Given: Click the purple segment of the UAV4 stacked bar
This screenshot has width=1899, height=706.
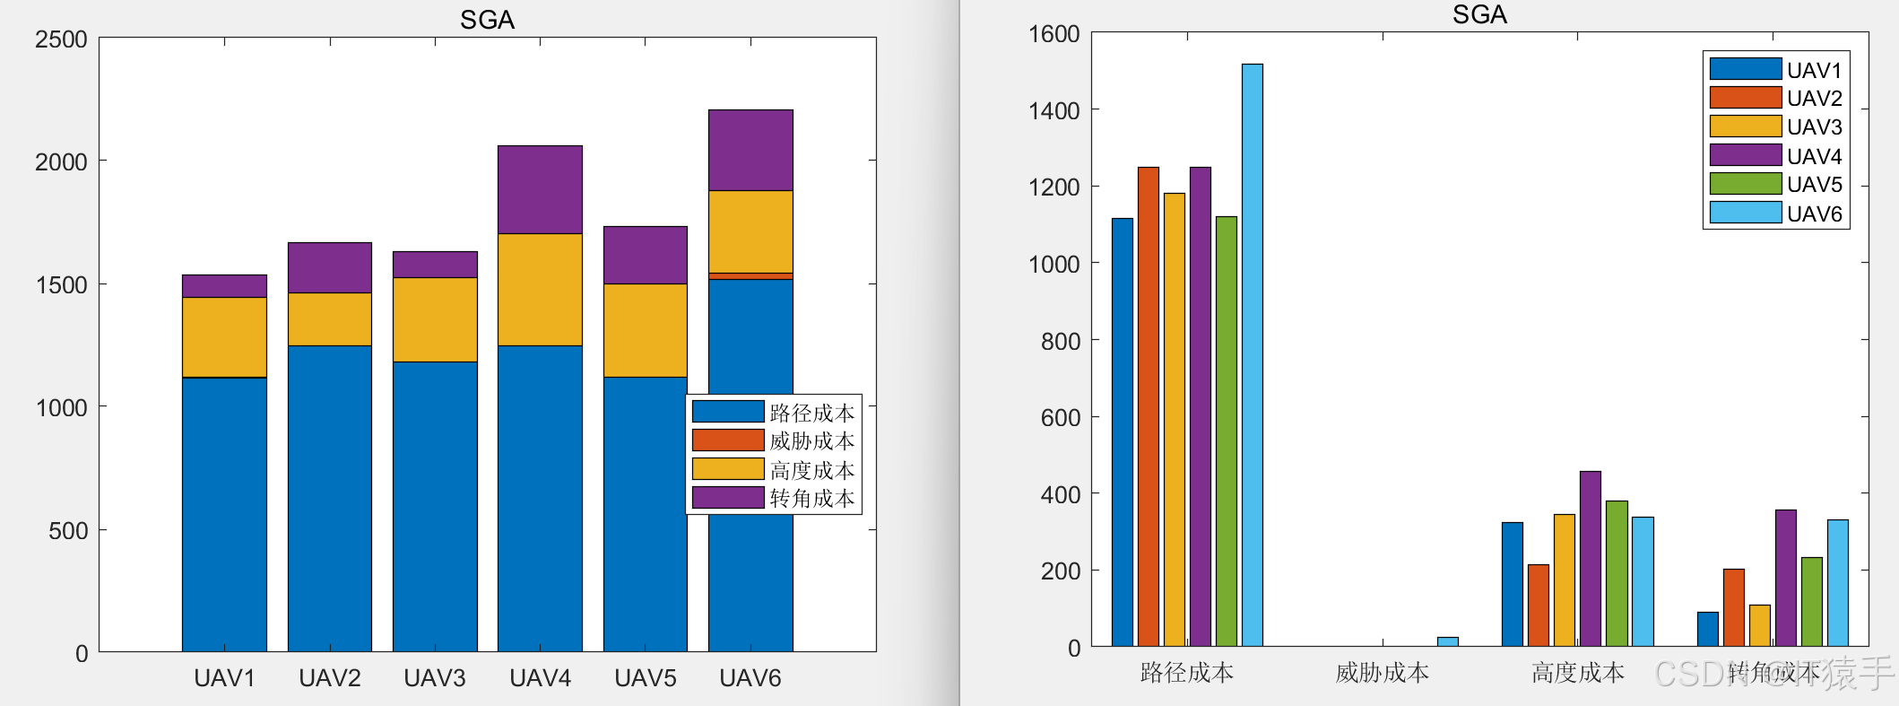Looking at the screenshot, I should coord(540,189).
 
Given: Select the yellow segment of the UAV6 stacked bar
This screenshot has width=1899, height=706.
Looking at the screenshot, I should coord(750,231).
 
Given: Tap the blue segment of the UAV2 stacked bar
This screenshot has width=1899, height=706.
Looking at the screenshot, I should coord(329,498).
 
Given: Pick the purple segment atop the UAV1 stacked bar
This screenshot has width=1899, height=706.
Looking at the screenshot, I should coord(224,285).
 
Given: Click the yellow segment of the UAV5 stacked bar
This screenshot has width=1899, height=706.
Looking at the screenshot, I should coord(645,330).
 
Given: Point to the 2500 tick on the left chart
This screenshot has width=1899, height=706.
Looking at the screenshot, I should coord(61,39).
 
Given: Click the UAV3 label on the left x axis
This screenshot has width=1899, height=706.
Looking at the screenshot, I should coord(435,678).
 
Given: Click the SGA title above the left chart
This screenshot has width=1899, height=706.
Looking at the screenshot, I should coord(487,20).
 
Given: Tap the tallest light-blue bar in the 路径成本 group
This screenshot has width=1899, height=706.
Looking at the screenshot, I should coord(1252,354).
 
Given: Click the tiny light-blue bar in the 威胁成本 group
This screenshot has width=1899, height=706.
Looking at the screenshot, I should coord(1447,641).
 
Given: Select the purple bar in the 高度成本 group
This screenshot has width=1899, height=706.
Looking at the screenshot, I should coord(1590,558).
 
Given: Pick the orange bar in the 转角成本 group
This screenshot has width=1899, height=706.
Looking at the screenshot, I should coord(1733,607).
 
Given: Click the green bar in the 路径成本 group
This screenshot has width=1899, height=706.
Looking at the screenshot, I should coord(1226,431).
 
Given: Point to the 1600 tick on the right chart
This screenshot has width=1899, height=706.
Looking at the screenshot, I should coord(1054,34).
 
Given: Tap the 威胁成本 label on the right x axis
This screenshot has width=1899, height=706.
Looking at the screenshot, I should coord(1382,673).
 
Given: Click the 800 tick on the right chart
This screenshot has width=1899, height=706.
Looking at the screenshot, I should coord(1060,341).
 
